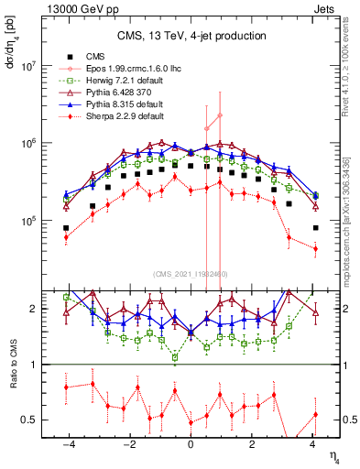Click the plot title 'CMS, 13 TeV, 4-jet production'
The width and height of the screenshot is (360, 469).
[191, 36]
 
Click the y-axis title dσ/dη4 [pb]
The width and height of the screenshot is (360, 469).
[10, 41]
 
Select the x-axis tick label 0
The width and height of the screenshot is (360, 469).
[191, 443]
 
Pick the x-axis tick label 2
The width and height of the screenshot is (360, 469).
[253, 443]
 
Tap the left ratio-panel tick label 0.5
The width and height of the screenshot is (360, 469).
[31, 420]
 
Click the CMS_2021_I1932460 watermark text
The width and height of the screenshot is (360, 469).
[191, 273]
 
